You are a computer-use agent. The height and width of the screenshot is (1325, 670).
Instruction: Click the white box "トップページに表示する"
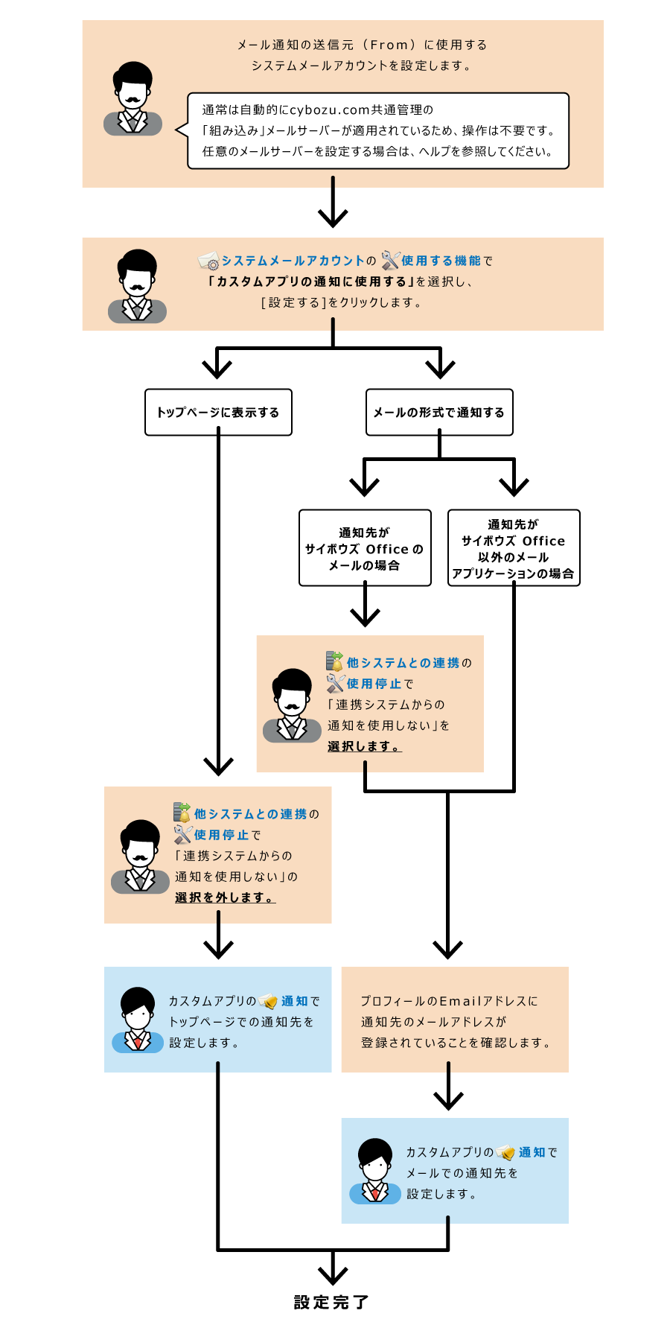pyautogui.click(x=218, y=412)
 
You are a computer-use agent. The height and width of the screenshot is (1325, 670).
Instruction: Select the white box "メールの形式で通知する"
pyautogui.click(x=439, y=412)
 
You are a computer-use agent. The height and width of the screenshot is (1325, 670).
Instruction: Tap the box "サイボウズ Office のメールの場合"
pyautogui.click(x=365, y=548)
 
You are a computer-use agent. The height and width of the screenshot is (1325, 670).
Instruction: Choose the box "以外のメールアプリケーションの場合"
pyautogui.click(x=514, y=548)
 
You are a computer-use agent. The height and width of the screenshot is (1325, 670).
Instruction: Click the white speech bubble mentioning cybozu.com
pyautogui.click(x=378, y=130)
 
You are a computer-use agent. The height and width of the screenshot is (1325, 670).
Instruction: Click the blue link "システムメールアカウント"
pyautogui.click(x=293, y=261)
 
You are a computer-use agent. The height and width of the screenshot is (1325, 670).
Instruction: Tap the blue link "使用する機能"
pyautogui.click(x=441, y=261)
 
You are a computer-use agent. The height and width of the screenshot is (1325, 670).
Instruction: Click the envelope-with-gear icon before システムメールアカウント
pyautogui.click(x=208, y=261)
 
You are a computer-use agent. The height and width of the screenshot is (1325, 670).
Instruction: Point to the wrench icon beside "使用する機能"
pyautogui.click(x=390, y=260)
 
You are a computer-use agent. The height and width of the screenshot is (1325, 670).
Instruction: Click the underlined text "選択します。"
pyautogui.click(x=364, y=746)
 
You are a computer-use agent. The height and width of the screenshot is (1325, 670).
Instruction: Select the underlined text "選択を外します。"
pyautogui.click(x=225, y=897)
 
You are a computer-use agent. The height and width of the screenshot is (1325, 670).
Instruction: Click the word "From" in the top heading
pyautogui.click(x=389, y=45)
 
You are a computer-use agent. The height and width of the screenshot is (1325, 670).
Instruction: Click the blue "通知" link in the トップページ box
pyautogui.click(x=294, y=1001)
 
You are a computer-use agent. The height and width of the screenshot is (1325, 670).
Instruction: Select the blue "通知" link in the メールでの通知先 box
pyautogui.click(x=532, y=1152)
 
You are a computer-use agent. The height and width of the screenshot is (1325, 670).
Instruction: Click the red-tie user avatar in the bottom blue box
pyautogui.click(x=375, y=1171)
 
